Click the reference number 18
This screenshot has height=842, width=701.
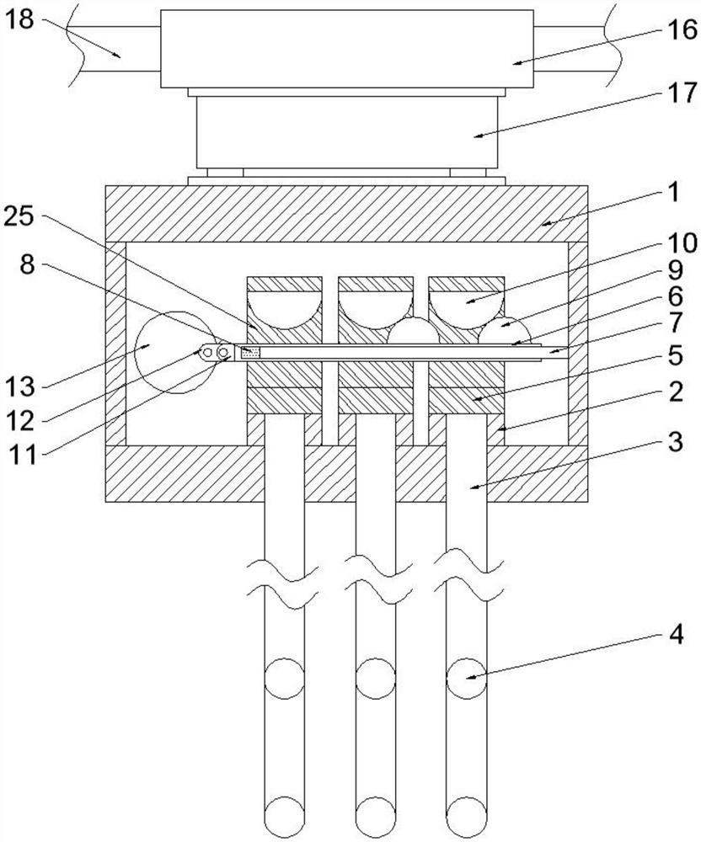tap(19, 20)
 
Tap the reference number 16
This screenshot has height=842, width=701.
tap(682, 29)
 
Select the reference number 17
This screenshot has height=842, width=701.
tap(682, 93)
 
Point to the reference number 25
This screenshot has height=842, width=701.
tap(19, 216)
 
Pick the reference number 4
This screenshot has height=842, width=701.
tap(675, 635)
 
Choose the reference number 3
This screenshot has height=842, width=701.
tap(675, 441)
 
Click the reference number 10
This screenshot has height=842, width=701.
tap(682, 242)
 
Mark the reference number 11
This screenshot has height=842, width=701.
tap(23, 455)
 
